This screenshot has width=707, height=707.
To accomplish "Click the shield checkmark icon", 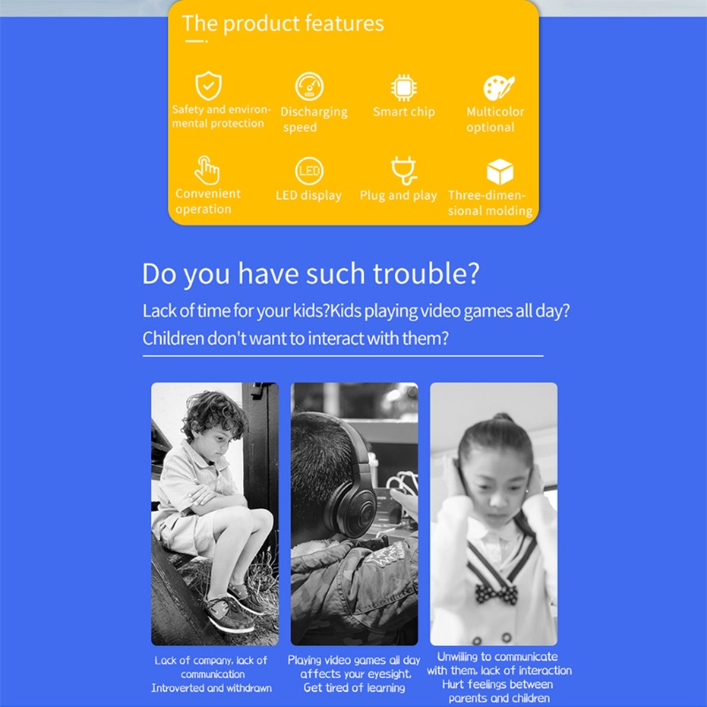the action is (209, 86).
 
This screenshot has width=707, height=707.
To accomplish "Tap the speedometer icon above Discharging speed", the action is (309, 86).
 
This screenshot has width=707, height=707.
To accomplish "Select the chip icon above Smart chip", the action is (404, 87).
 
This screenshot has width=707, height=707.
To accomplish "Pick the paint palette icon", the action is (499, 87).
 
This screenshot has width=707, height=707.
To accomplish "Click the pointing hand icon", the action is (207, 170).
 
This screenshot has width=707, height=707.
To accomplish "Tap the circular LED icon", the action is (309, 171).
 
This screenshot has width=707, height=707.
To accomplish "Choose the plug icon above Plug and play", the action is (404, 170).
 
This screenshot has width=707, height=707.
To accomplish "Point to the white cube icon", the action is (500, 171).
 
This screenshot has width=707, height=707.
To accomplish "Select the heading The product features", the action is (283, 24).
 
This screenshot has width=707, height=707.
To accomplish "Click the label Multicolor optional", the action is (495, 119).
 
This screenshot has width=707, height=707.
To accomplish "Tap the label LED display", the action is (308, 195).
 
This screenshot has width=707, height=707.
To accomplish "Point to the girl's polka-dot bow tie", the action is (496, 593).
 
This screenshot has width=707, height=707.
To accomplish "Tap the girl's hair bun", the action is (500, 417).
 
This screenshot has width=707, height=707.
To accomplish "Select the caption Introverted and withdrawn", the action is (211, 688).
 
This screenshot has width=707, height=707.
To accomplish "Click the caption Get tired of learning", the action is (354, 688).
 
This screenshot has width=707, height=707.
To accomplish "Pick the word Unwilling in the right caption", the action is (462, 657).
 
